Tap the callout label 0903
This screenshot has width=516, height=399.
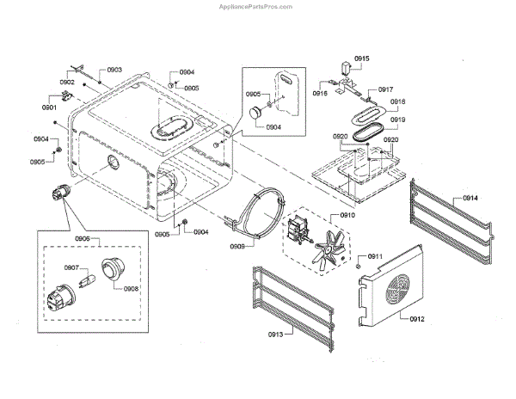pyautogui.click(x=114, y=70)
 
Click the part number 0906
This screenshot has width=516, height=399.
pyautogui.click(x=83, y=237)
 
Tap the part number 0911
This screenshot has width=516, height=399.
pyautogui.click(x=377, y=257)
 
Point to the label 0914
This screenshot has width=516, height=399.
pyautogui.click(x=470, y=198)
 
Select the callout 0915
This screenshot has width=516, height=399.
pyautogui.click(x=361, y=58)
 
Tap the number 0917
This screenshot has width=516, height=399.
pyautogui.click(x=385, y=89)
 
